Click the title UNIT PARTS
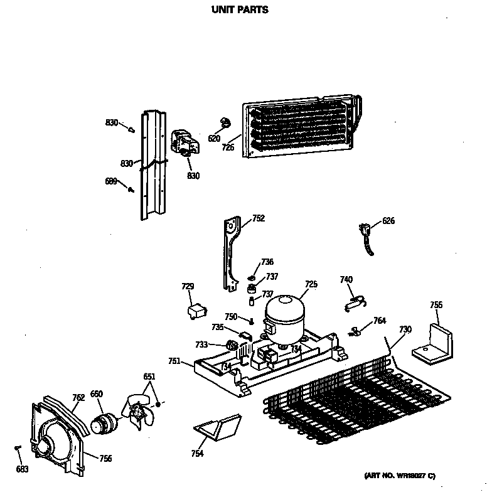tap(239, 10)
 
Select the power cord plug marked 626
tap(365, 233)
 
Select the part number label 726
tap(228, 147)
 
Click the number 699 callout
tap(111, 181)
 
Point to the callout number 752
tap(258, 218)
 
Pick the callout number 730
tap(405, 330)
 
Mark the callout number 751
tap(175, 361)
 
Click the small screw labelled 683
tap(18, 447)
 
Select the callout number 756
tap(105, 459)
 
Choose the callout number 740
tap(346, 279)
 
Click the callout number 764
tap(379, 321)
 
